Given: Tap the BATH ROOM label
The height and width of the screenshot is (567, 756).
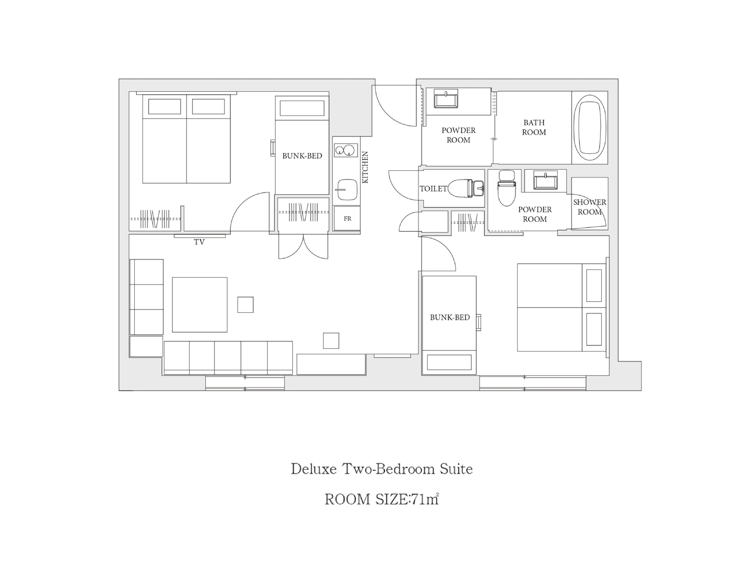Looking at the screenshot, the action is coord(534,127).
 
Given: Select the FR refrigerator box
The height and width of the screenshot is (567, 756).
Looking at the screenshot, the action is coord(347,218).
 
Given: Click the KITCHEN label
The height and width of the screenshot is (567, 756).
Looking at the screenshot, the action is coord(365,167).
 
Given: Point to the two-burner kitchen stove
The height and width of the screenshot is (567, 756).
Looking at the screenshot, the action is coord(346,150).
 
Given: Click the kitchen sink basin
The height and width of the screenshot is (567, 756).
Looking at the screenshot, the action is coord(347,190).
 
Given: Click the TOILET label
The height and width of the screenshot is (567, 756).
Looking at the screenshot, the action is coord(433,188).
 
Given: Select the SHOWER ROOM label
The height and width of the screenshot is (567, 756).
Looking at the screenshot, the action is coord(590,207).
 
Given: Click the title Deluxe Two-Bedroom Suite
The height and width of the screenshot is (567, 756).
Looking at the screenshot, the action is coord(382,469).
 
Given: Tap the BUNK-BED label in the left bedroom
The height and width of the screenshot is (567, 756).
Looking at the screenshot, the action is coord(302,156).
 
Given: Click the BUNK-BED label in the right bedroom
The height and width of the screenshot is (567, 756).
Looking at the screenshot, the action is coord(450,317).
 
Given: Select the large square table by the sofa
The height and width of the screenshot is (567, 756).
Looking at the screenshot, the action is coord(200,305).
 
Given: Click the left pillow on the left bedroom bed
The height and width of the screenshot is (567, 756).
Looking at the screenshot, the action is coord(164,107).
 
